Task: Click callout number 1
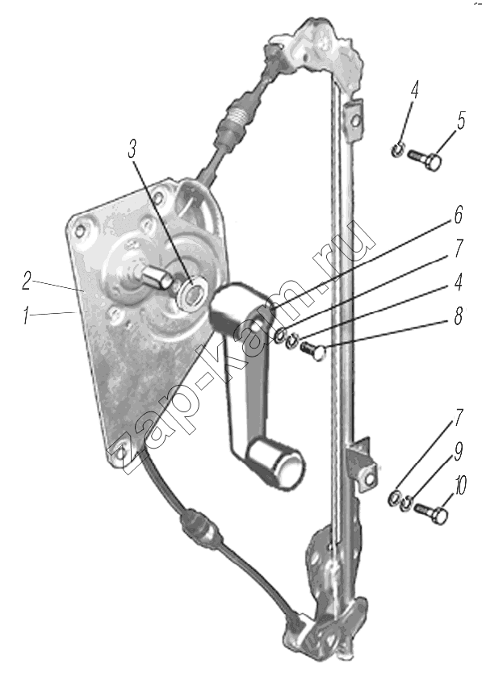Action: (x=27, y=316)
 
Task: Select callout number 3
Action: (x=132, y=149)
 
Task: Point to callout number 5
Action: (x=460, y=120)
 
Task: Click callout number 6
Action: (x=459, y=215)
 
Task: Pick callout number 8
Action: (x=459, y=316)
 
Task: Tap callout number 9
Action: (x=459, y=451)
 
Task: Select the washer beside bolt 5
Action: (x=397, y=150)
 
